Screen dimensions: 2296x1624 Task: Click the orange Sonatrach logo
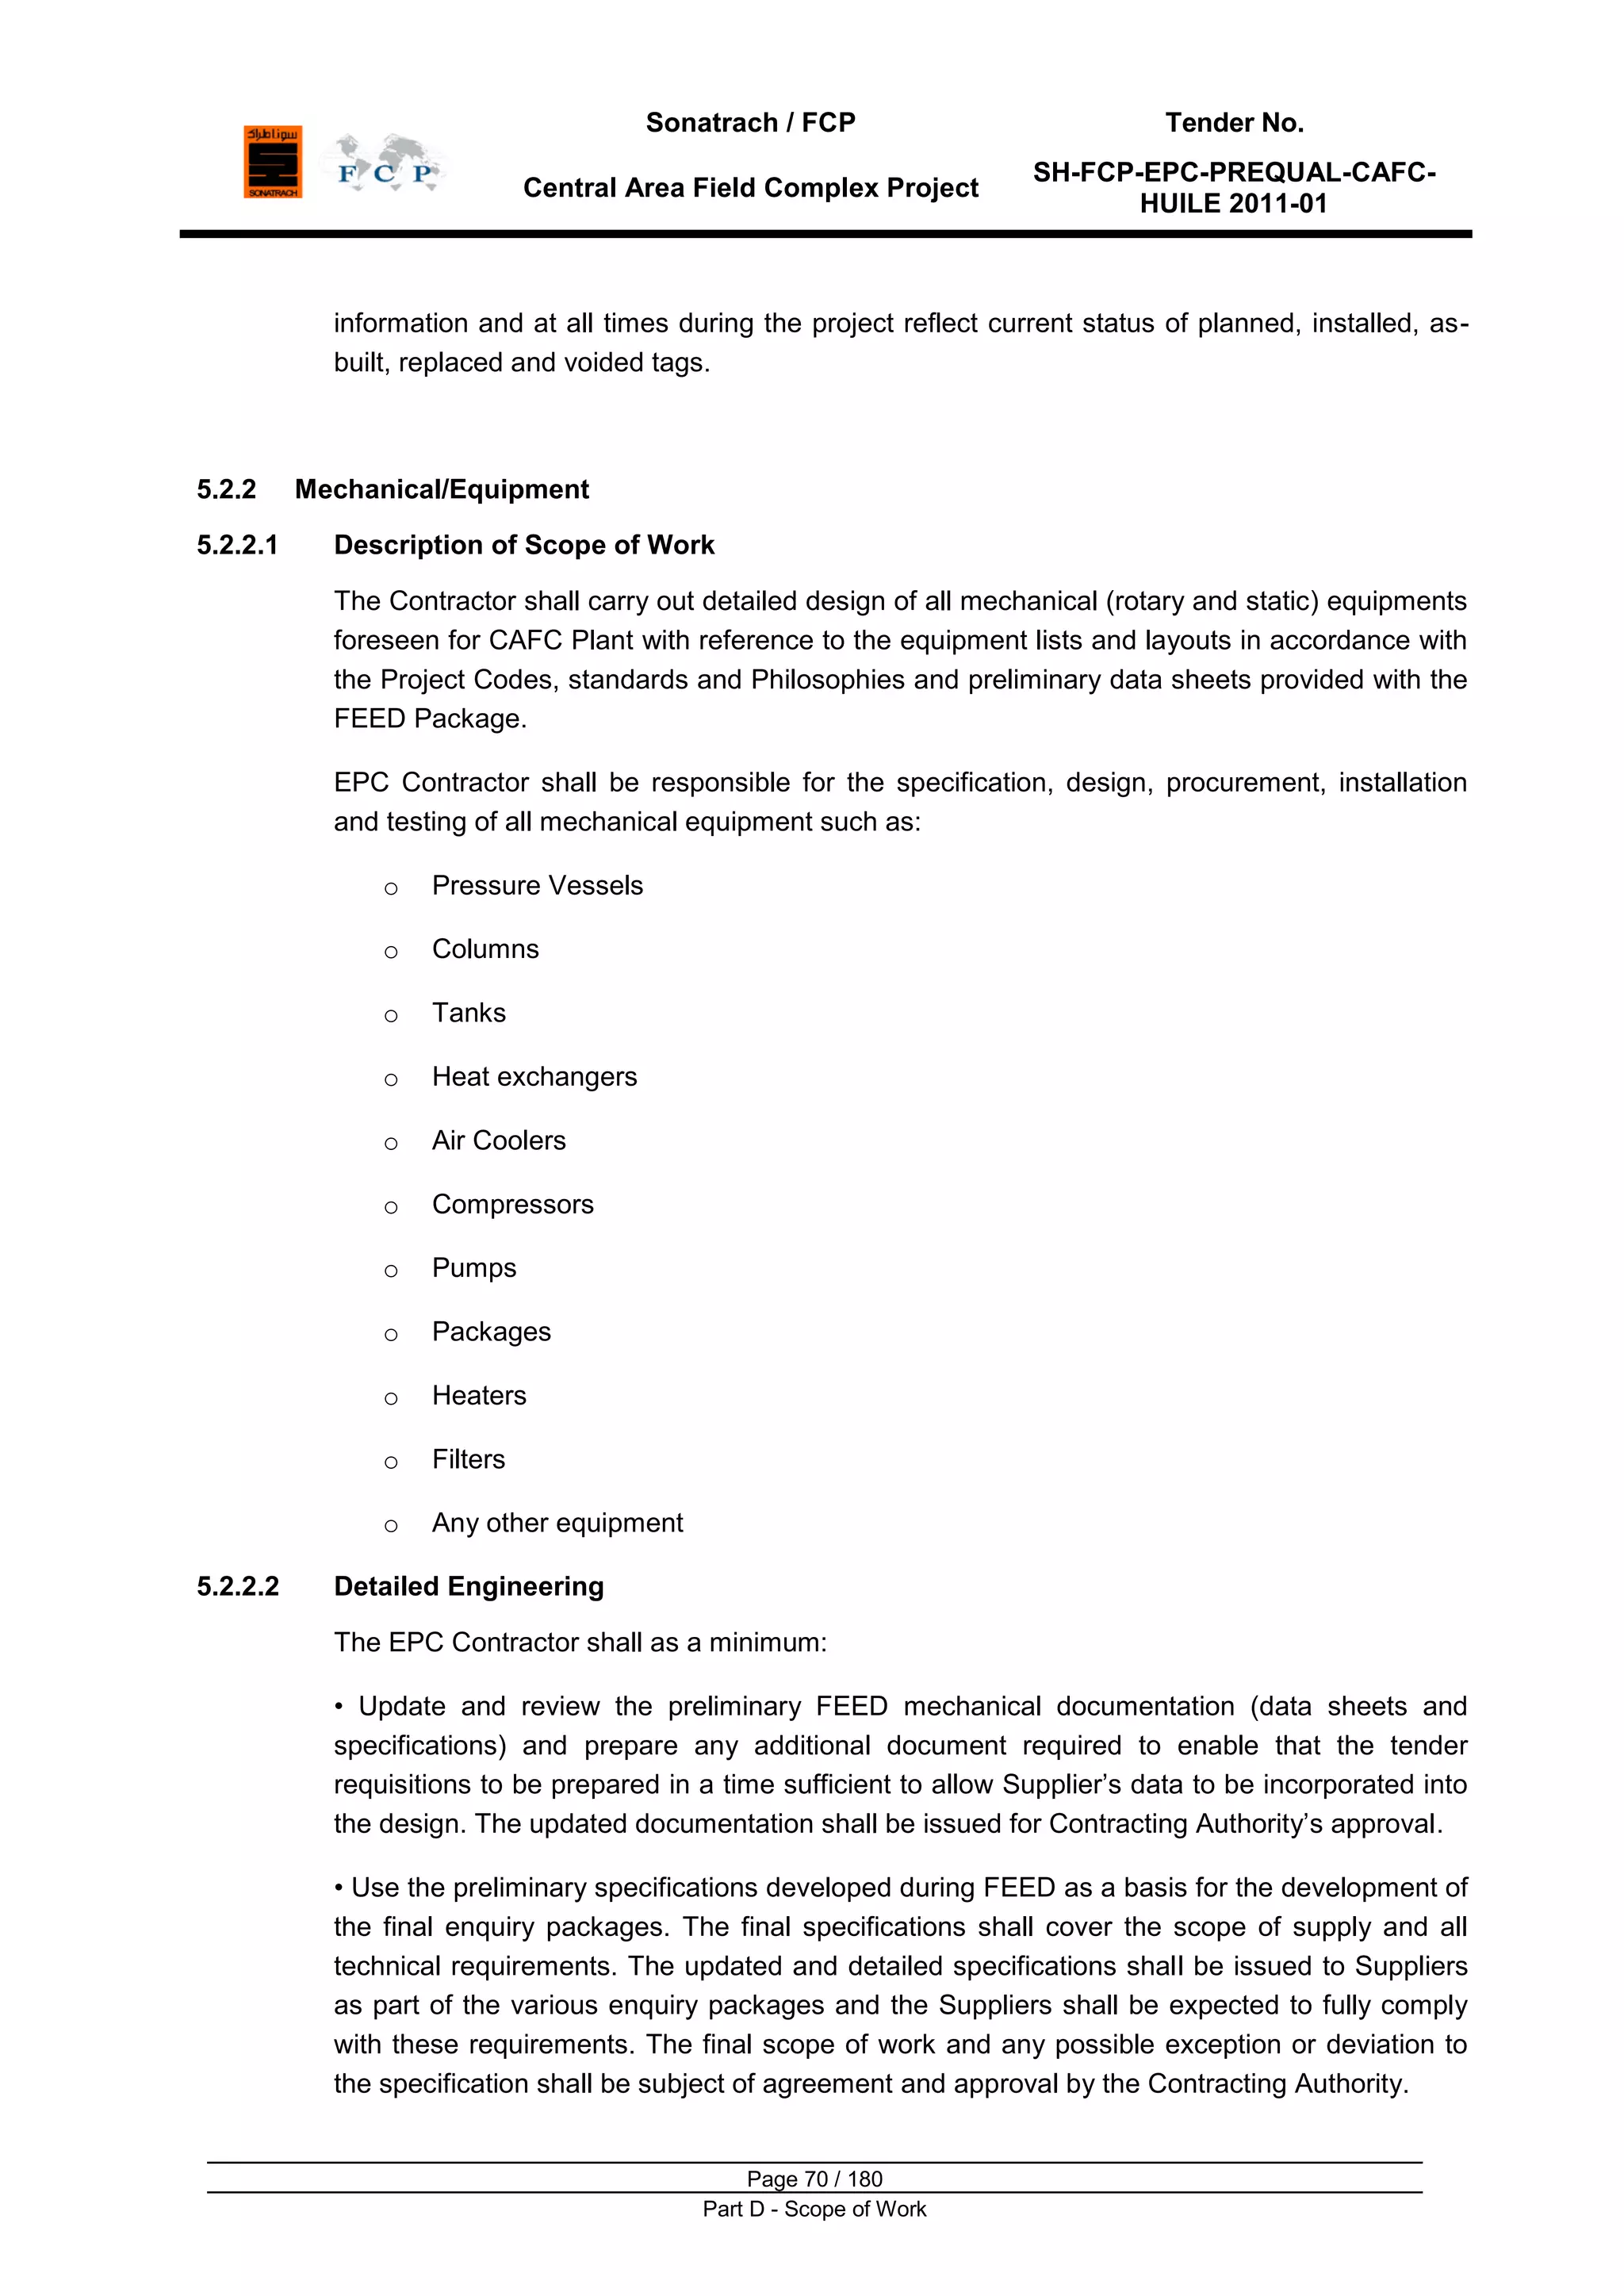click(272, 161)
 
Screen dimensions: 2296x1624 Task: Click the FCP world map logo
click(384, 162)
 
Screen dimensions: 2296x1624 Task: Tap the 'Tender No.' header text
click(1234, 123)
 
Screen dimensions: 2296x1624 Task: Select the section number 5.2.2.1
click(237, 545)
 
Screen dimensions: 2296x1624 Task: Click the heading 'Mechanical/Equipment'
click(441, 489)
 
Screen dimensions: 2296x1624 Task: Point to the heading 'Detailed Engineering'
click(468, 1586)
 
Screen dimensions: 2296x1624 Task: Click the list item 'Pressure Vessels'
click(537, 885)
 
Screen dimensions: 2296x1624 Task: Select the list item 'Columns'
click(485, 949)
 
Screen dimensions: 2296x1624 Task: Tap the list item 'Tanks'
click(468, 1013)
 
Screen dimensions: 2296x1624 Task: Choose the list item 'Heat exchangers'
click(534, 1077)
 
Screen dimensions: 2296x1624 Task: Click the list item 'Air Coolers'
click(498, 1141)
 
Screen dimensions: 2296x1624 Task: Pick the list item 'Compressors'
click(512, 1204)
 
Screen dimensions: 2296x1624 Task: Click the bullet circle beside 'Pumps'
click(391, 1272)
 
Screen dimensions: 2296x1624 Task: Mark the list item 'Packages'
click(491, 1332)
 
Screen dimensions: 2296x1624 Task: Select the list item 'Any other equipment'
click(557, 1523)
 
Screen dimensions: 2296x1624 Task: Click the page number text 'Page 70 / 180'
click(814, 2179)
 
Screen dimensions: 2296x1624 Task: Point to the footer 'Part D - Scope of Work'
click(814, 2209)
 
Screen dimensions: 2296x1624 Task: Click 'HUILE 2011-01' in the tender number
click(1233, 204)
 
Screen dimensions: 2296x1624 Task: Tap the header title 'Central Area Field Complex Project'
click(750, 188)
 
